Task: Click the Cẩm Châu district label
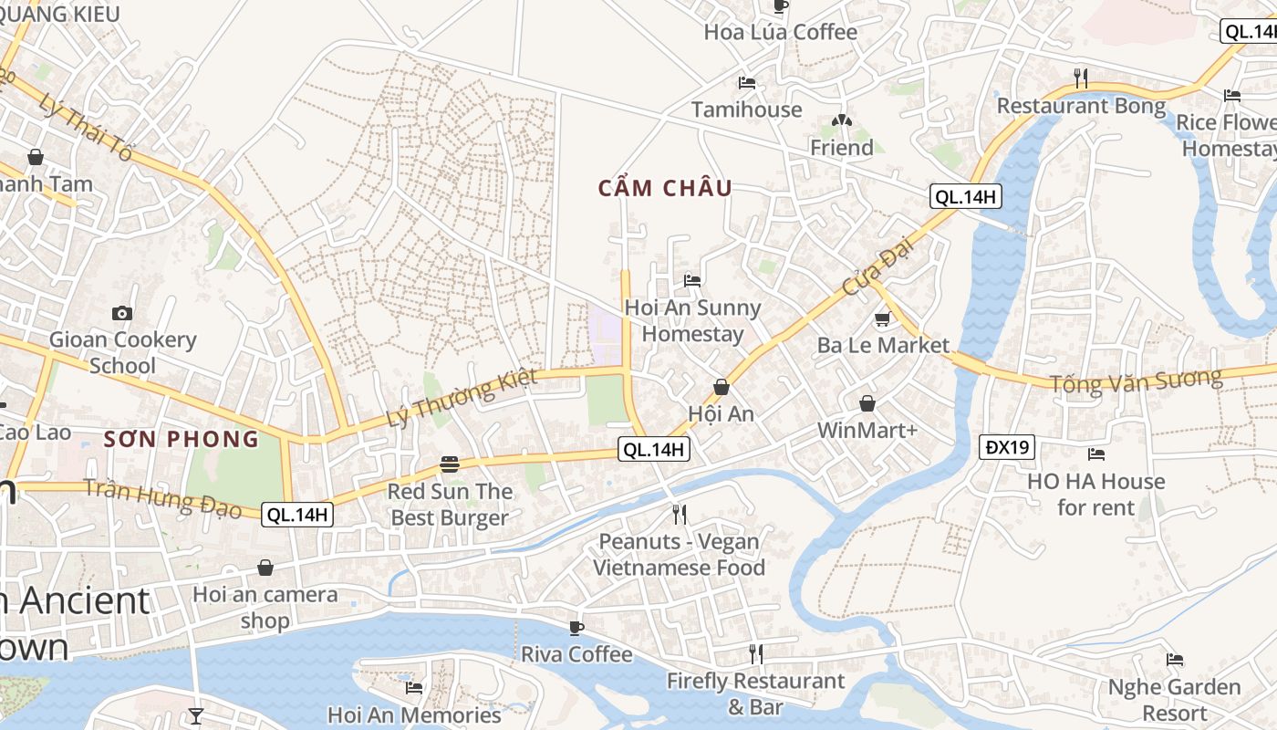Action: click(x=665, y=188)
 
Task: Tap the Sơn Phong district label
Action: click(x=182, y=439)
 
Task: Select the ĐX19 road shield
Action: click(x=1008, y=447)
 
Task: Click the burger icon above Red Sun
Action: click(x=449, y=464)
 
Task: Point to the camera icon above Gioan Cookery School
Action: click(x=122, y=313)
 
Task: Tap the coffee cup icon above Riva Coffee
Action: click(x=576, y=628)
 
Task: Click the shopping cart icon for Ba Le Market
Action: click(x=882, y=318)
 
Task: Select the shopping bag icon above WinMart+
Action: click(x=867, y=402)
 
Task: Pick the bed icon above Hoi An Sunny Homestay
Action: click(x=692, y=280)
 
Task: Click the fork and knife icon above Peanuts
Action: click(x=679, y=515)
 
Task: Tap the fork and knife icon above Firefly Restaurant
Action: click(x=755, y=653)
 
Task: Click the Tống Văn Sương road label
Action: click(x=1136, y=381)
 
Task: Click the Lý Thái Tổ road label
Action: click(x=87, y=127)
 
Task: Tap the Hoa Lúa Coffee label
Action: click(x=780, y=32)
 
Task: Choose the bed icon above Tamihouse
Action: click(x=747, y=82)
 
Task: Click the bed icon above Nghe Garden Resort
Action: click(x=1175, y=659)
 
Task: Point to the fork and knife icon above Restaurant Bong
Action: click(x=1081, y=78)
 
